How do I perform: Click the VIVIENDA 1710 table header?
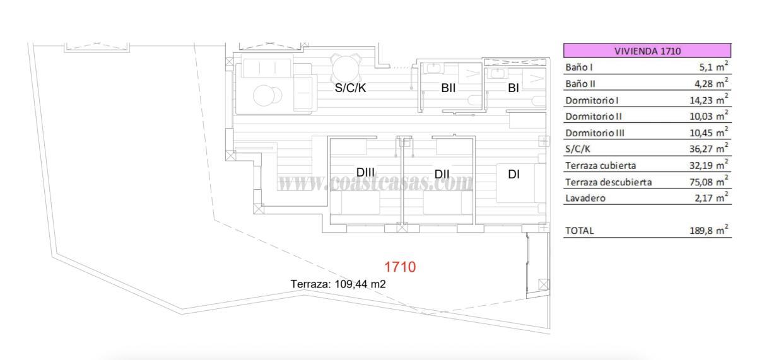(647, 51)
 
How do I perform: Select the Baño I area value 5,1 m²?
(710, 66)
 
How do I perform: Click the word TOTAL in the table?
(579, 231)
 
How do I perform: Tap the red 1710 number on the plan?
(400, 267)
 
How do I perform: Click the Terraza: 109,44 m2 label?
(338, 284)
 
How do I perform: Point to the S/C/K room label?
(350, 88)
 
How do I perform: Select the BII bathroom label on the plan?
(448, 88)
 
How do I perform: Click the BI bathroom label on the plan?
(513, 88)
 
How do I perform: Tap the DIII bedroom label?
(365, 172)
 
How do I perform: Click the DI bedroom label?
(513, 174)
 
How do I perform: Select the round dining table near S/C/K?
(344, 67)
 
